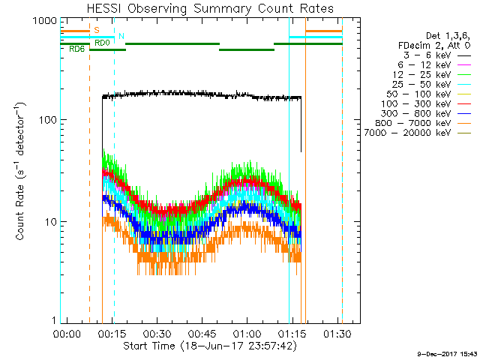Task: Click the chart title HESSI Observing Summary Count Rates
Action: click(x=210, y=8)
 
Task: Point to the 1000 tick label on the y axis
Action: click(x=45, y=21)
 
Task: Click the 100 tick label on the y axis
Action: click(x=48, y=120)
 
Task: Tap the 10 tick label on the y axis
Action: click(x=51, y=222)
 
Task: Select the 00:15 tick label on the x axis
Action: click(x=112, y=334)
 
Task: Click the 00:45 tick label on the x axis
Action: click(x=202, y=334)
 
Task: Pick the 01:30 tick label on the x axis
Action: click(x=337, y=334)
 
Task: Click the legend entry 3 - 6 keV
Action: click(x=427, y=55)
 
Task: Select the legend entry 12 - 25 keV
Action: click(x=421, y=75)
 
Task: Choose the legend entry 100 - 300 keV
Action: click(x=416, y=103)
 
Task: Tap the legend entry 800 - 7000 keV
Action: click(x=413, y=123)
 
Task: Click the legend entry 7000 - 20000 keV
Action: click(x=407, y=133)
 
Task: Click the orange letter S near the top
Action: click(x=97, y=30)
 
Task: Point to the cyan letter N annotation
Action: click(x=121, y=36)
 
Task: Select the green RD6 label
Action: click(x=76, y=49)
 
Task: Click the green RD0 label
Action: click(x=102, y=43)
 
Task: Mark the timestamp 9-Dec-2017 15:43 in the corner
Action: click(x=448, y=354)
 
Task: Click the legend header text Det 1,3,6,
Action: click(x=448, y=36)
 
